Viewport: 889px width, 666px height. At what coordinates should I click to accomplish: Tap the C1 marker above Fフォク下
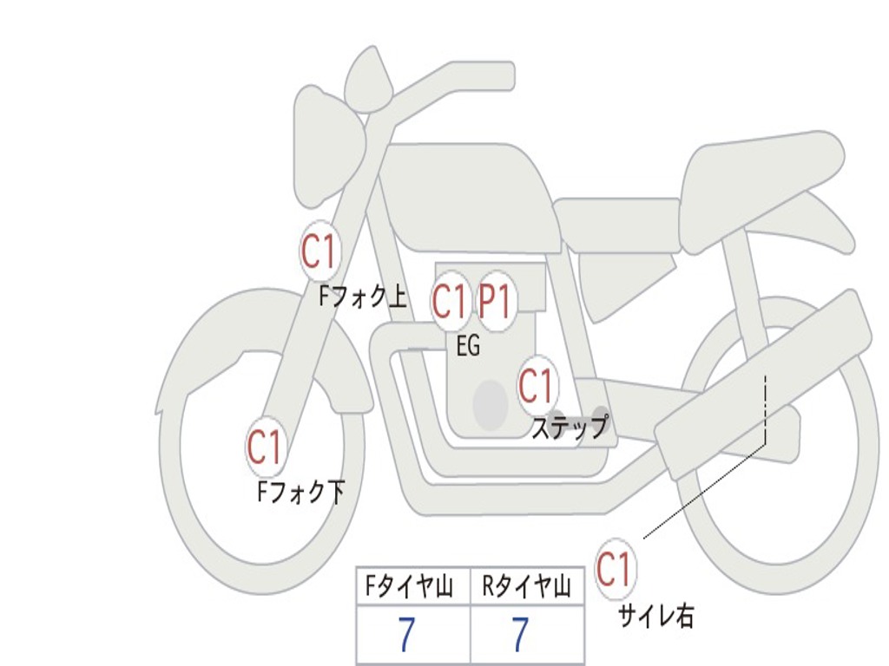(265, 447)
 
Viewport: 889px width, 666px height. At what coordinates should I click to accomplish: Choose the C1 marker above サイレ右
(615, 570)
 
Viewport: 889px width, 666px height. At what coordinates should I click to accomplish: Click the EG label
(468, 347)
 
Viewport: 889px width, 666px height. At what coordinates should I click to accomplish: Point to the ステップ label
(570, 428)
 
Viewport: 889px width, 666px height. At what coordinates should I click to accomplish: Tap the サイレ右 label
(655, 616)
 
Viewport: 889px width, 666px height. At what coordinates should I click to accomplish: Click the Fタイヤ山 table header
(408, 589)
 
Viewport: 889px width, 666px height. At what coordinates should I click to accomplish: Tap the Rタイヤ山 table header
(526, 589)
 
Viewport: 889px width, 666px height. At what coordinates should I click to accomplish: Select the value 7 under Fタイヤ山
(406, 636)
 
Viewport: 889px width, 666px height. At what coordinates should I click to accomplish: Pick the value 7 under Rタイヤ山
(519, 636)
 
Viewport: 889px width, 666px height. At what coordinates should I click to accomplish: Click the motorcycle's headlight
(326, 147)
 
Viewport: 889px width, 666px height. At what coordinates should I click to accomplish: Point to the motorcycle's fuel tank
(469, 195)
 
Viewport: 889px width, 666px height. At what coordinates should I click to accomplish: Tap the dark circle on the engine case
(490, 404)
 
